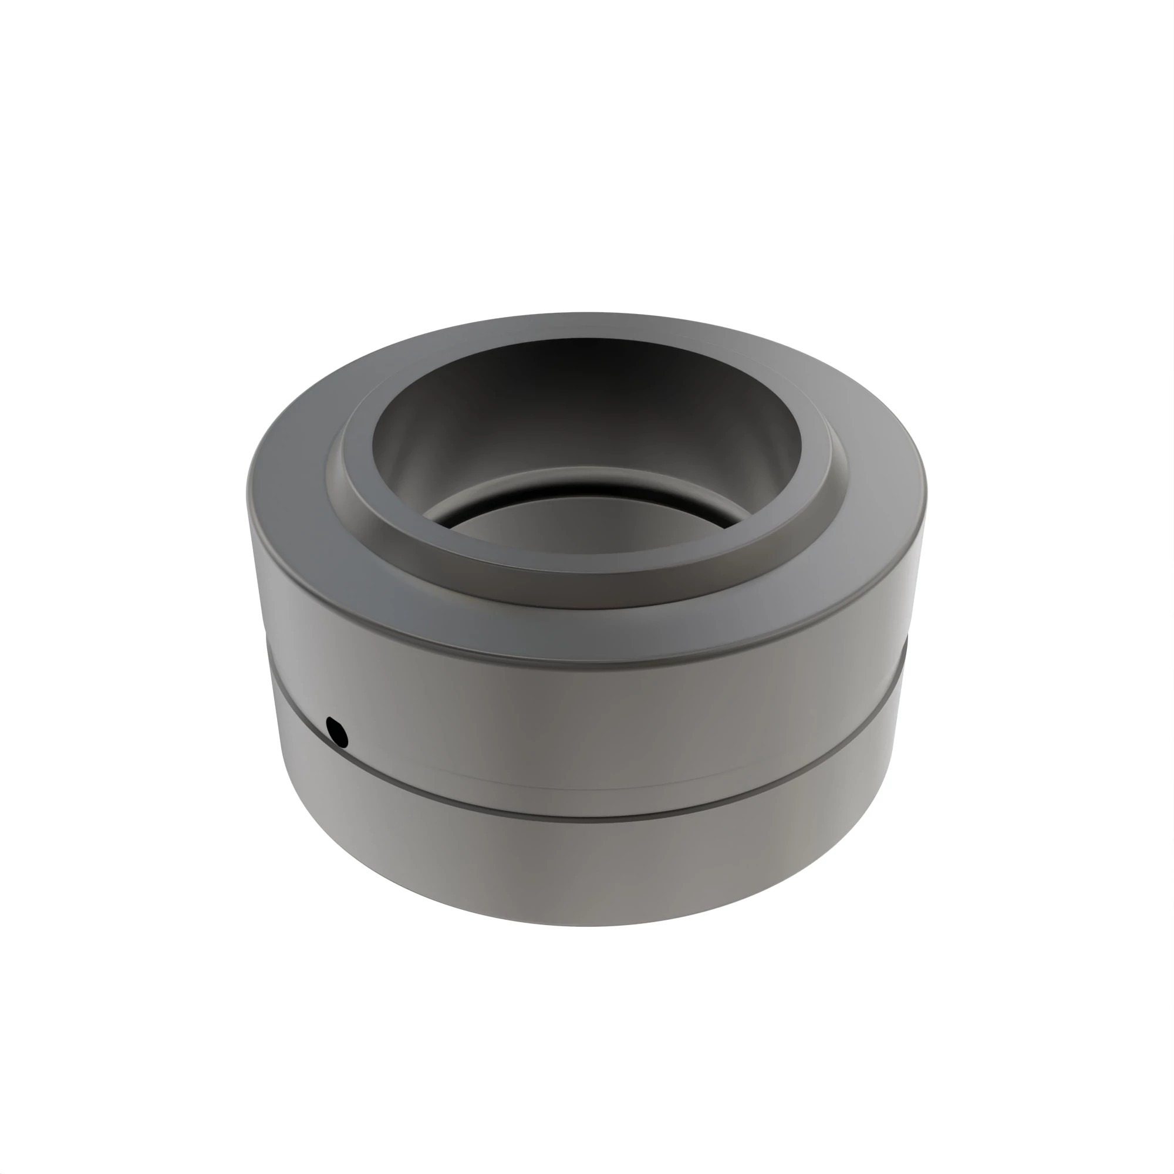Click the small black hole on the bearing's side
coord(336,731)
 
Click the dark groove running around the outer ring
coord(587,813)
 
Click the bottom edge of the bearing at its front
coord(587,923)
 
